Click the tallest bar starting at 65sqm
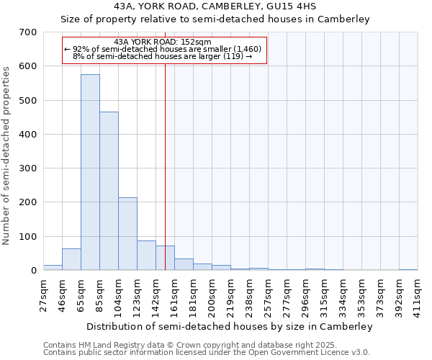pos(90,173)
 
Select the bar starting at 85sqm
pos(109,191)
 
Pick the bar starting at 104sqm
pos(127,234)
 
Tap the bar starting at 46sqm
pos(71,259)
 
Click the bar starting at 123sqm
pos(146,256)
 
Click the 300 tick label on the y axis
pos(29,168)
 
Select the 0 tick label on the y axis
pos(33,271)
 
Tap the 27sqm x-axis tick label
pos(44,293)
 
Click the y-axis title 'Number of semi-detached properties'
pos(6,155)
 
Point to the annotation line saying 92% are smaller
pos(164,49)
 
